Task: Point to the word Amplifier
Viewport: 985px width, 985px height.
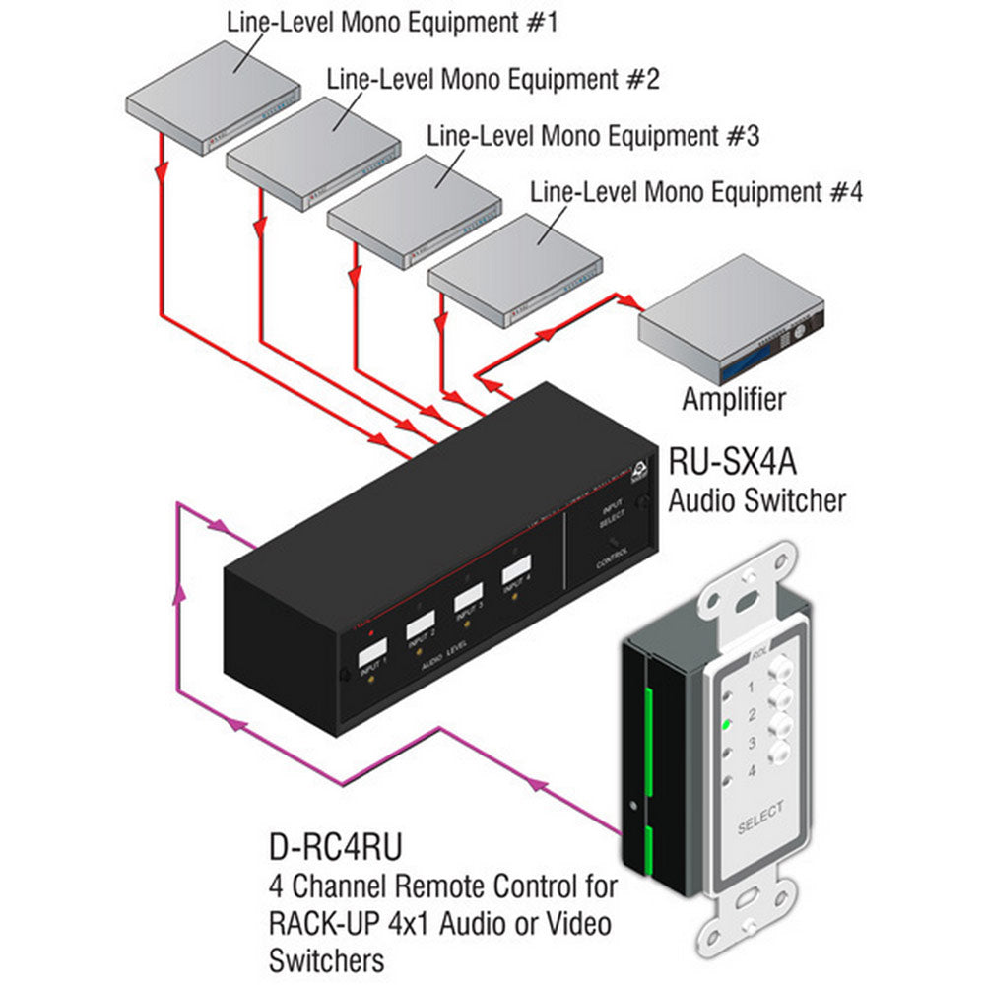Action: click(x=734, y=399)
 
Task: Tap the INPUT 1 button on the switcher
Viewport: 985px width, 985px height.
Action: click(x=369, y=654)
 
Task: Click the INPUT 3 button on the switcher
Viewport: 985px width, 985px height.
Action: click(x=467, y=596)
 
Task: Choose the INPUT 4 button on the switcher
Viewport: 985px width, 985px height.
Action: click(x=514, y=571)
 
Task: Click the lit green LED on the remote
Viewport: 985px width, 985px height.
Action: click(x=725, y=726)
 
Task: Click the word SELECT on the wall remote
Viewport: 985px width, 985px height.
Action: click(x=759, y=818)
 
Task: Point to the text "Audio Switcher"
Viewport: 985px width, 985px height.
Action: click(x=756, y=501)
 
